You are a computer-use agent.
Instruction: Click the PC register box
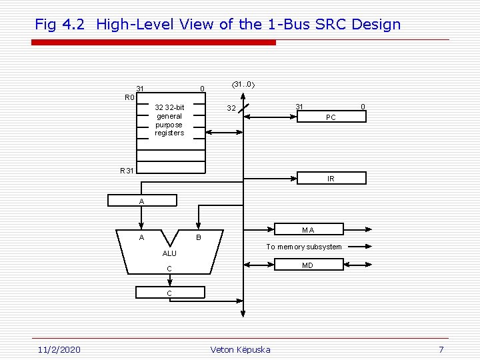tap(331, 117)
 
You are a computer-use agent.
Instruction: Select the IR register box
tap(331, 179)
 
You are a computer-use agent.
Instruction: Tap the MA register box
tap(307, 230)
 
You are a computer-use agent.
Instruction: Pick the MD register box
tap(307, 265)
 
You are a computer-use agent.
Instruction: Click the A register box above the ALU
tap(141, 201)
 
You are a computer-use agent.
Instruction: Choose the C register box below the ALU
tap(169, 293)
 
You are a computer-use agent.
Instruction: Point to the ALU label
tap(169, 253)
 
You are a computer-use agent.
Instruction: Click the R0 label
tap(129, 97)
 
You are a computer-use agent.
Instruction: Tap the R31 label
tap(127, 171)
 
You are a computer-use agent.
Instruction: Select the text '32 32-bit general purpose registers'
tap(169, 120)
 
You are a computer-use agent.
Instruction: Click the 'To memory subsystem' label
tap(304, 247)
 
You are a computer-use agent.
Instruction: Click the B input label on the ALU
tap(197, 237)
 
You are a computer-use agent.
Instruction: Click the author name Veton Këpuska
tap(240, 350)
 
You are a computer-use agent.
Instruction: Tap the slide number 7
tap(441, 350)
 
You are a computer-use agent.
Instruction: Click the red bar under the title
tap(153, 43)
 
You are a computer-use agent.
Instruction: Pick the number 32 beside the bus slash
tap(231, 108)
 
